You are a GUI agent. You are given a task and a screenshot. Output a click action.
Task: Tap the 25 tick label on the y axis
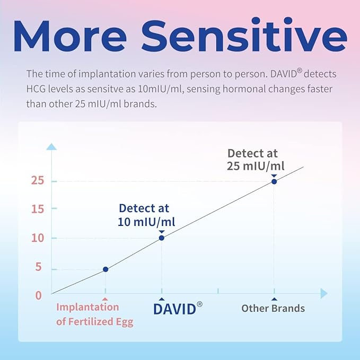tap(36, 181)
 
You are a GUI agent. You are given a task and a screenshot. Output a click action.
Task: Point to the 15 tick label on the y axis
tap(36, 208)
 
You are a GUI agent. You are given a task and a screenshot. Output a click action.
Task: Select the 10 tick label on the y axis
tap(36, 238)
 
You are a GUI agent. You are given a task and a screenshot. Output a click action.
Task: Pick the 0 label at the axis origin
tap(38, 295)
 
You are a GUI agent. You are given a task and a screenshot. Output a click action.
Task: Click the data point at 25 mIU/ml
tap(274, 181)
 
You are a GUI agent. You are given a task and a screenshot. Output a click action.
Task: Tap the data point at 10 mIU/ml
tap(162, 238)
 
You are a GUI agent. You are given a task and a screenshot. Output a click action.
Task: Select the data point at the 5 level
tap(106, 269)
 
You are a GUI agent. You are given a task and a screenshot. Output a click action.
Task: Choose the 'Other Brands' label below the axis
tap(273, 309)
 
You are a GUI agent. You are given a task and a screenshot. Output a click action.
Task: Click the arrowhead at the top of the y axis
tap(51, 146)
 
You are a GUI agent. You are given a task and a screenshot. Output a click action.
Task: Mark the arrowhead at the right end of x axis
tap(324, 293)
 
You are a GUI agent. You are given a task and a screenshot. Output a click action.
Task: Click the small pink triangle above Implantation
tap(105, 299)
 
